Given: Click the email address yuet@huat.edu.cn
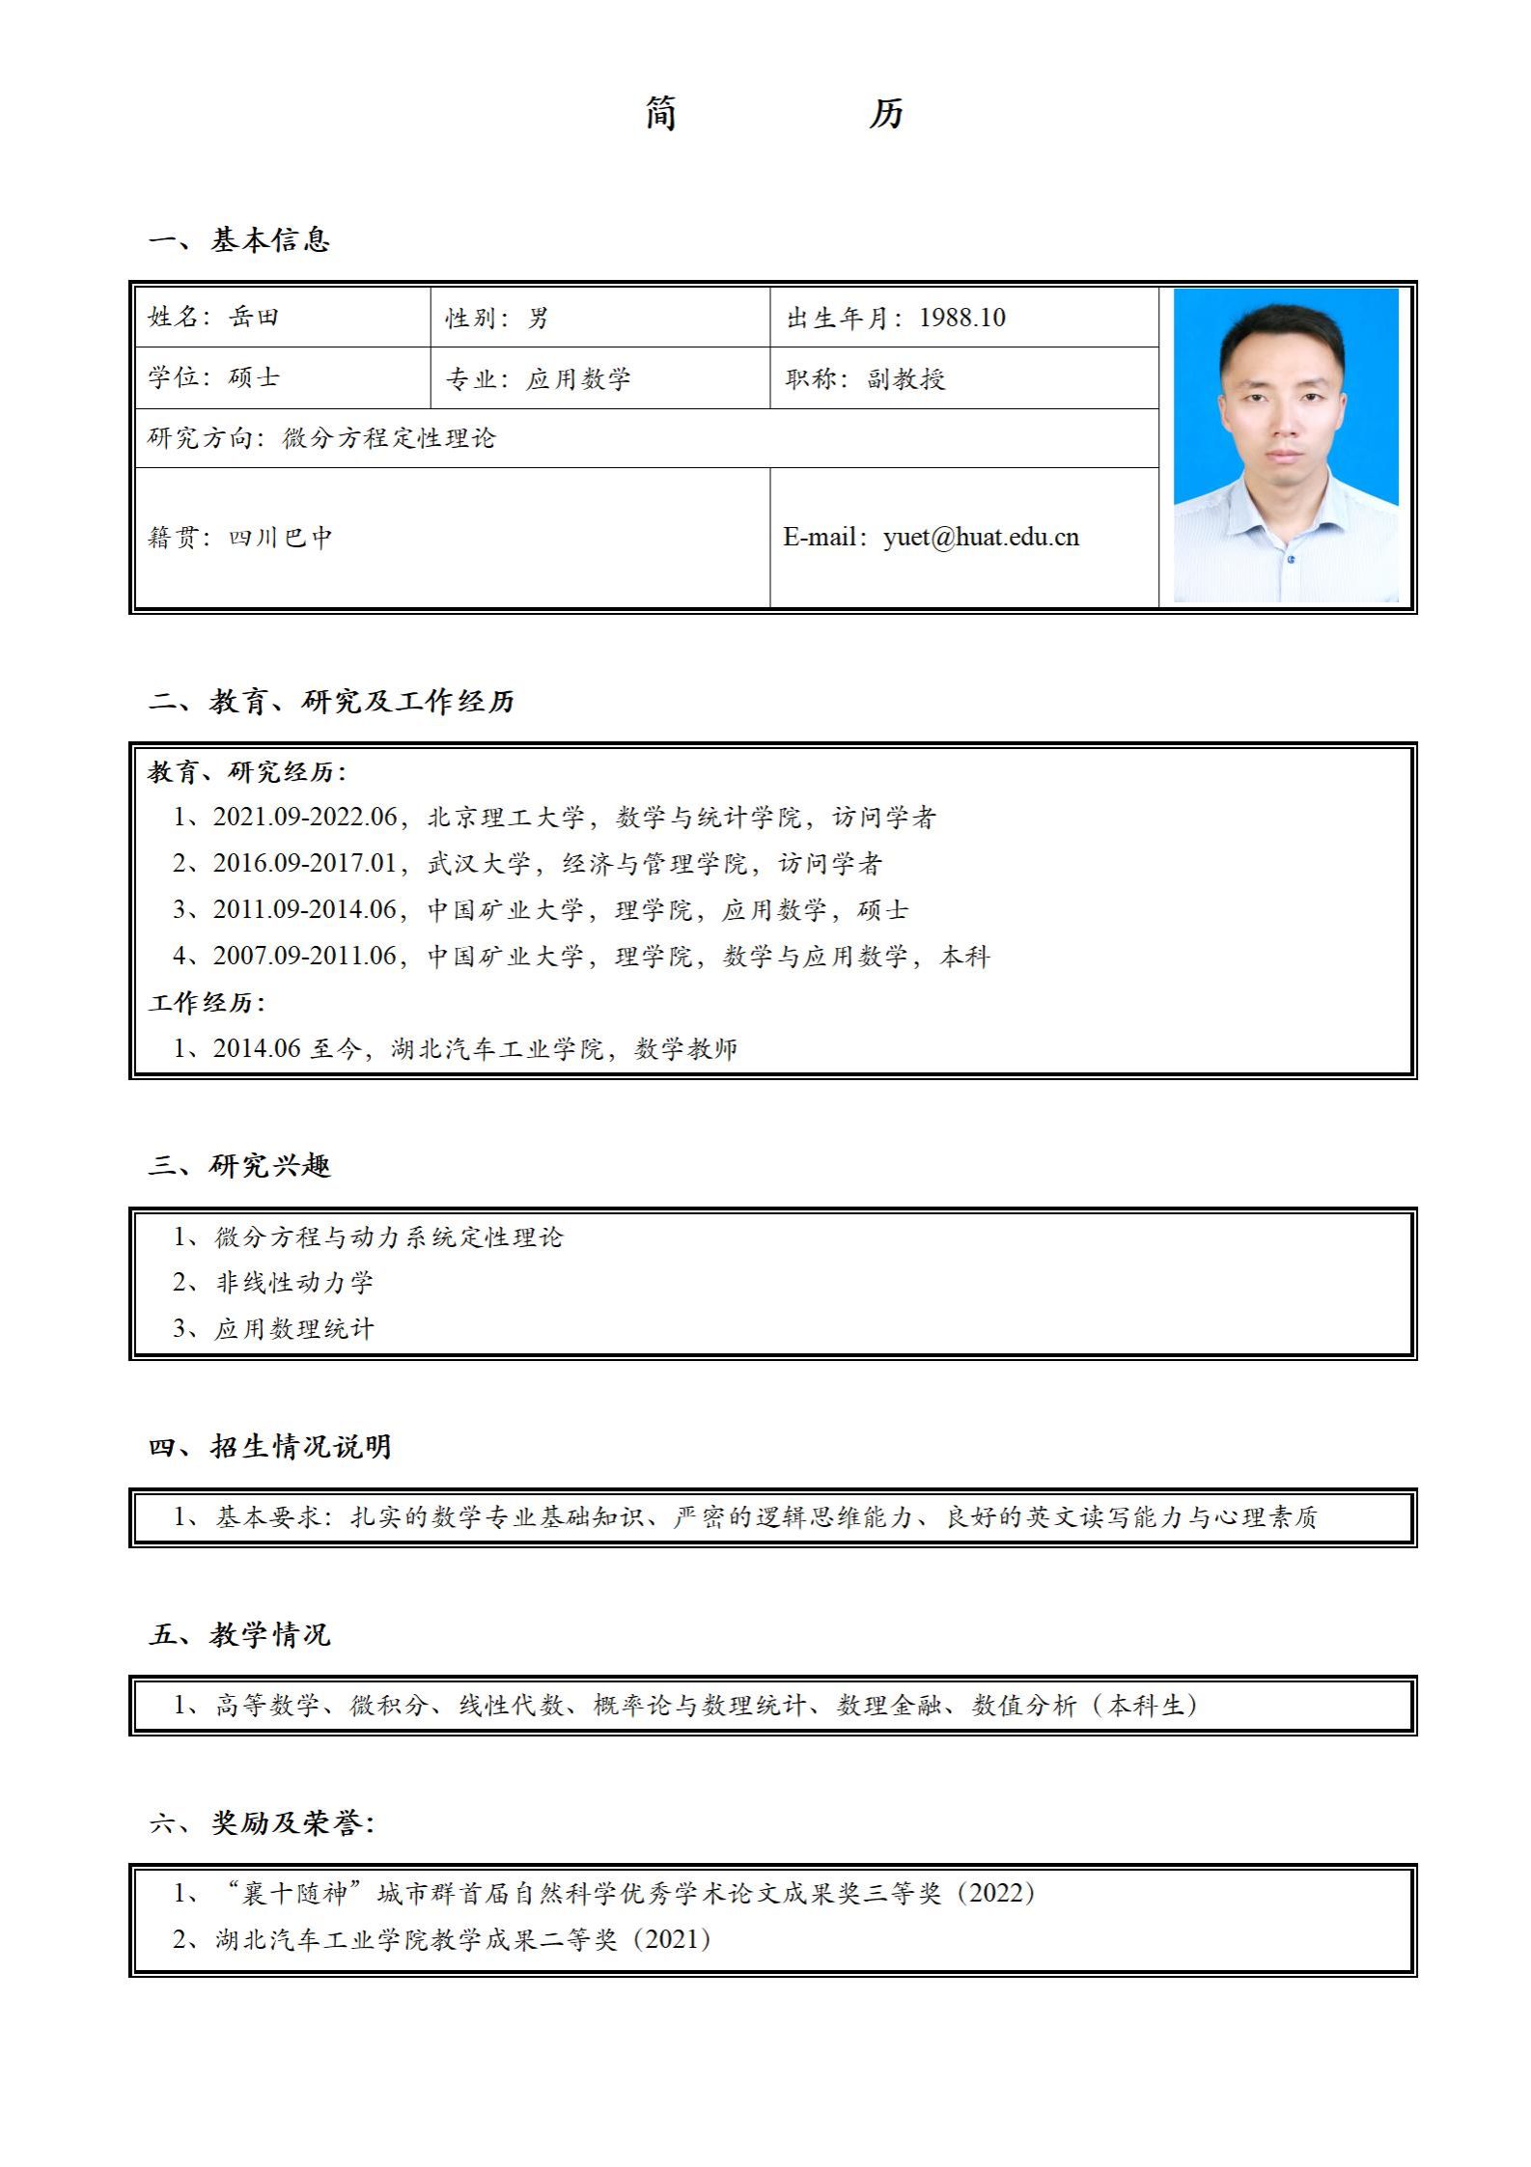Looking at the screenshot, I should tap(981, 538).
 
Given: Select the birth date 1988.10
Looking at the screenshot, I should tap(961, 318).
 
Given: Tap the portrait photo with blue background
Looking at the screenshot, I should tap(1285, 445).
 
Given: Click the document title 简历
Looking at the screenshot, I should tap(774, 114).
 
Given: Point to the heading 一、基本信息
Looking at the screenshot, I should tap(240, 240).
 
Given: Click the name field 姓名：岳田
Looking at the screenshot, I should tap(213, 317).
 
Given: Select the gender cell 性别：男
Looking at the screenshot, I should tap(496, 318).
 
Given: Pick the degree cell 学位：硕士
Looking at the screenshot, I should tap(213, 377).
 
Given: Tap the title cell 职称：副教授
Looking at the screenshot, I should tap(865, 378).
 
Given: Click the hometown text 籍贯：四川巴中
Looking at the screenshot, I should tap(240, 538).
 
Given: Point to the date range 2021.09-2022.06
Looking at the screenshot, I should tap(305, 818).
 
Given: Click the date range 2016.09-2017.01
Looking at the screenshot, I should tap(305, 863).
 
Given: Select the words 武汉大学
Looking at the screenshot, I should tap(479, 863).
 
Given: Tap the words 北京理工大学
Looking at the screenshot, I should tap(506, 818).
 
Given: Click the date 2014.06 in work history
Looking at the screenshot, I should tap(257, 1048).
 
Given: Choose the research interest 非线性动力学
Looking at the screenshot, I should tap(293, 1283).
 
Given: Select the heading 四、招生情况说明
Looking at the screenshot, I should tap(270, 1447).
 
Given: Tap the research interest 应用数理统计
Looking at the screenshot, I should tap(293, 1329).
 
